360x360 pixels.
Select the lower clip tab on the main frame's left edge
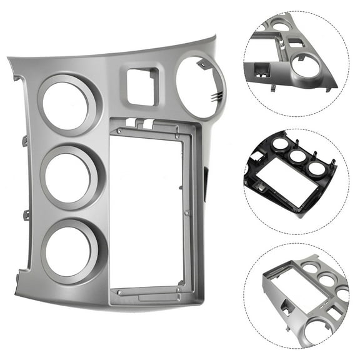click(26, 216)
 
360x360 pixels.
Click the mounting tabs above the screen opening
click(139, 124)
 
